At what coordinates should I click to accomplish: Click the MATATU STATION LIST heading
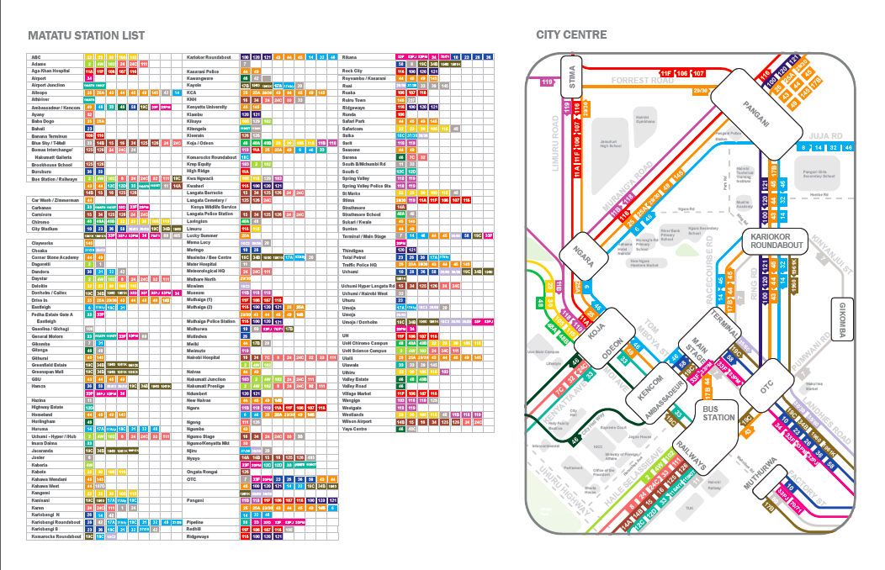pos(86,35)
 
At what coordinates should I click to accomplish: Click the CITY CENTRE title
pos(573,35)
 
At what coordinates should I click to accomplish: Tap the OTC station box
pos(766,386)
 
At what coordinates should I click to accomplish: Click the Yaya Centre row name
pos(355,429)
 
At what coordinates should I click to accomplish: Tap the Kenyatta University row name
pos(207,107)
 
